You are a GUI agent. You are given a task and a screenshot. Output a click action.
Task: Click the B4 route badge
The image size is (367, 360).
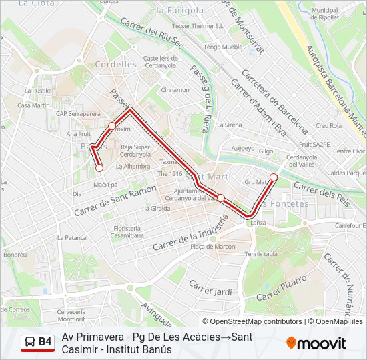coord(37,343)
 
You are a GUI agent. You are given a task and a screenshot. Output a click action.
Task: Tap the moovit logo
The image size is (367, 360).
coord(316,343)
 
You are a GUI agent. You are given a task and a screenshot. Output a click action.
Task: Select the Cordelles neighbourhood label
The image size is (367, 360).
coord(115,65)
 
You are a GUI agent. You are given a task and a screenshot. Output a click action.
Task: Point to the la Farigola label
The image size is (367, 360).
coord(179,11)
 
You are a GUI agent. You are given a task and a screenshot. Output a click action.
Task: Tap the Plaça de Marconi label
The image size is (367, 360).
coord(214,247)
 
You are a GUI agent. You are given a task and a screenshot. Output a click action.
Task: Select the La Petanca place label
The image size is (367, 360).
coord(71,237)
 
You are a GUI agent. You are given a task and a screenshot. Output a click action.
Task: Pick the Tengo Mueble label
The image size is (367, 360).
coord(223,47)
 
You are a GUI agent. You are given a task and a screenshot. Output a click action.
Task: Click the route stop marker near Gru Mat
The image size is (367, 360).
coord(274,177)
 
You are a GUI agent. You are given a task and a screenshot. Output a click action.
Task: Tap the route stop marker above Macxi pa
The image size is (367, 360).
coord(99,168)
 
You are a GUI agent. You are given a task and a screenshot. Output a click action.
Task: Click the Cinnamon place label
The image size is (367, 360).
coord(175,90)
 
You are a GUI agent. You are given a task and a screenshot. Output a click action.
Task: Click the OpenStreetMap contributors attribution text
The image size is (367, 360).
coord(256,321)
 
